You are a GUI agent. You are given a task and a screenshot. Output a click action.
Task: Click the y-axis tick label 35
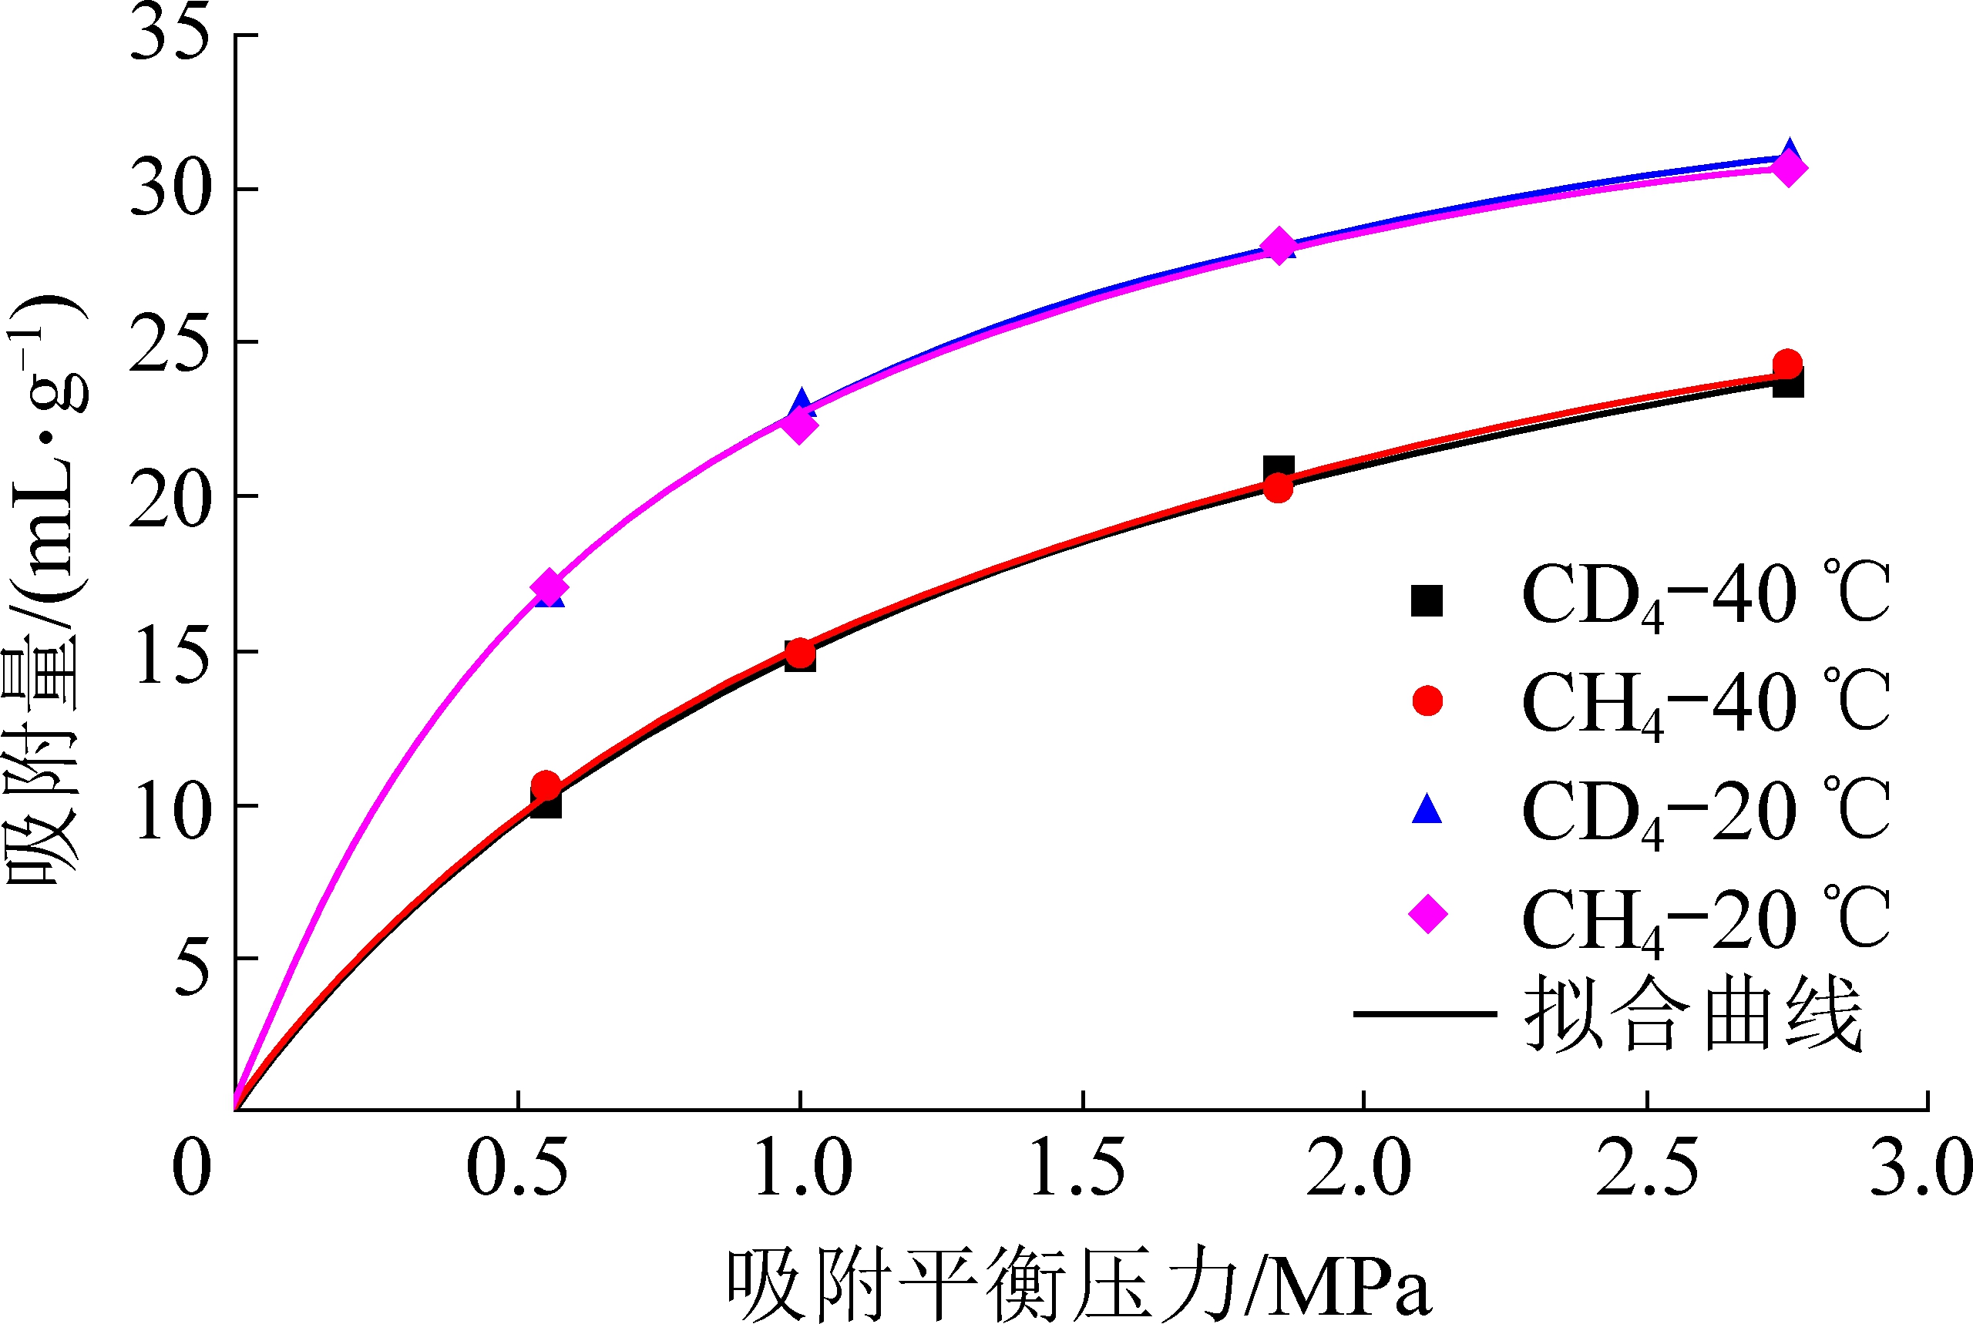[x=169, y=34]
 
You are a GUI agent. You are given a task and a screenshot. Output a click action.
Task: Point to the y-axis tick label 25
[x=169, y=343]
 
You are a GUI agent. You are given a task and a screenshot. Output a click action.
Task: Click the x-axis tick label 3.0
[x=1920, y=1168]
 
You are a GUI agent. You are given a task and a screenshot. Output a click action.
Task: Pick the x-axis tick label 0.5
[x=516, y=1168]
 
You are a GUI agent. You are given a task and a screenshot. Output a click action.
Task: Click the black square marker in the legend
[x=1427, y=601]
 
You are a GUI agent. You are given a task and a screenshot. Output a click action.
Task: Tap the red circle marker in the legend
[x=1427, y=701]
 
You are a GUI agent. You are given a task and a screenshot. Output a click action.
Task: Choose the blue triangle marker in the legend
[x=1427, y=809]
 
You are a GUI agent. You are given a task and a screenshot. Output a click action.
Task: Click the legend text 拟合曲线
[x=1693, y=1014]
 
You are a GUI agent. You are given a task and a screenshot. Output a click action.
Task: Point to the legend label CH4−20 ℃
[x=1706, y=919]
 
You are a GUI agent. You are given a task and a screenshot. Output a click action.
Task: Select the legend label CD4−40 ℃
[x=1706, y=596]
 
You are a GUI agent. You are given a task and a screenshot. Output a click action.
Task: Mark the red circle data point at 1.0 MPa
[x=800, y=653]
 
